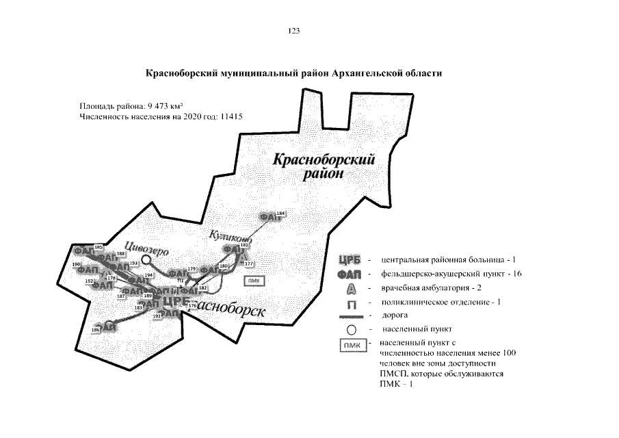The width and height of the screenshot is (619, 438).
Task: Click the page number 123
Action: (x=295, y=31)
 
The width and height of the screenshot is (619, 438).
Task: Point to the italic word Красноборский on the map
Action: (x=324, y=160)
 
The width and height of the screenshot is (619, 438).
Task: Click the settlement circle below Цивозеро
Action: (x=146, y=259)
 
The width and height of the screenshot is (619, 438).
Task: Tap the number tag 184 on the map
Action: (x=280, y=214)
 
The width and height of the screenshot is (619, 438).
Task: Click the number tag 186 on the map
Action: (x=95, y=330)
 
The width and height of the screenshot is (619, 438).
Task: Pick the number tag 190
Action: (x=76, y=264)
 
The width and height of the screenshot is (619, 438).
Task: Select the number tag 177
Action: (x=248, y=263)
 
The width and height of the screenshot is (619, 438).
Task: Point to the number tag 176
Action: (x=192, y=305)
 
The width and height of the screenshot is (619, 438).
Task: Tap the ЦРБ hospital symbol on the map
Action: (x=176, y=300)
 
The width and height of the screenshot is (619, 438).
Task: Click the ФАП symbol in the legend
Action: (x=349, y=274)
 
